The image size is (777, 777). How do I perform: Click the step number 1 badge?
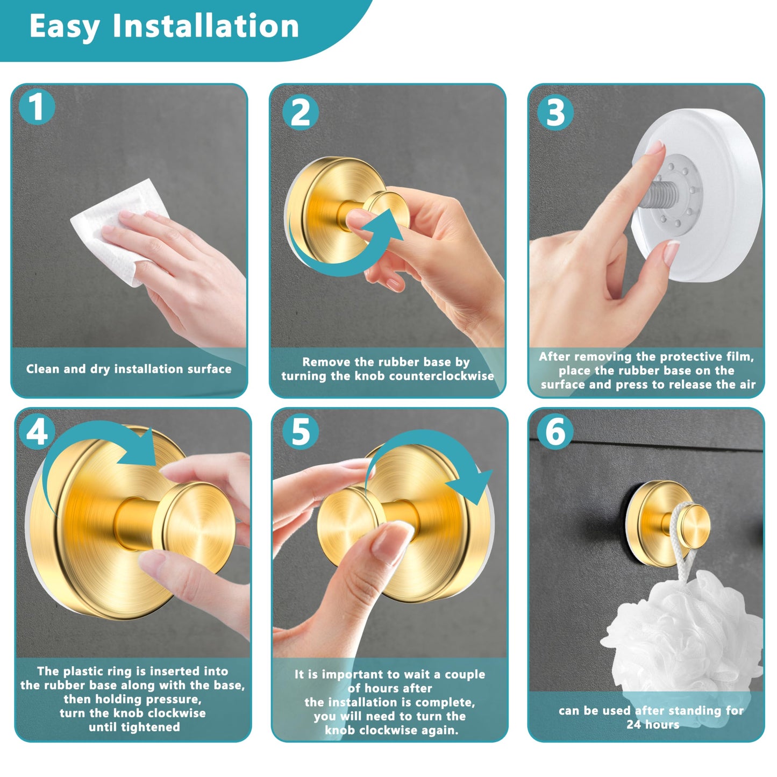(x=37, y=107)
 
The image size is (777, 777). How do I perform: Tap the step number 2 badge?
(x=301, y=112)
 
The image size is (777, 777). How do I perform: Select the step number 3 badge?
(x=555, y=112)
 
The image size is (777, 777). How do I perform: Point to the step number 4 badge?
(x=37, y=432)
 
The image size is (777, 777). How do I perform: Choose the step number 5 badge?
(x=301, y=432)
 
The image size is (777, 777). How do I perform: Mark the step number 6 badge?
(x=555, y=432)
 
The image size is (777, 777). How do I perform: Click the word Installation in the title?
(x=205, y=26)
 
